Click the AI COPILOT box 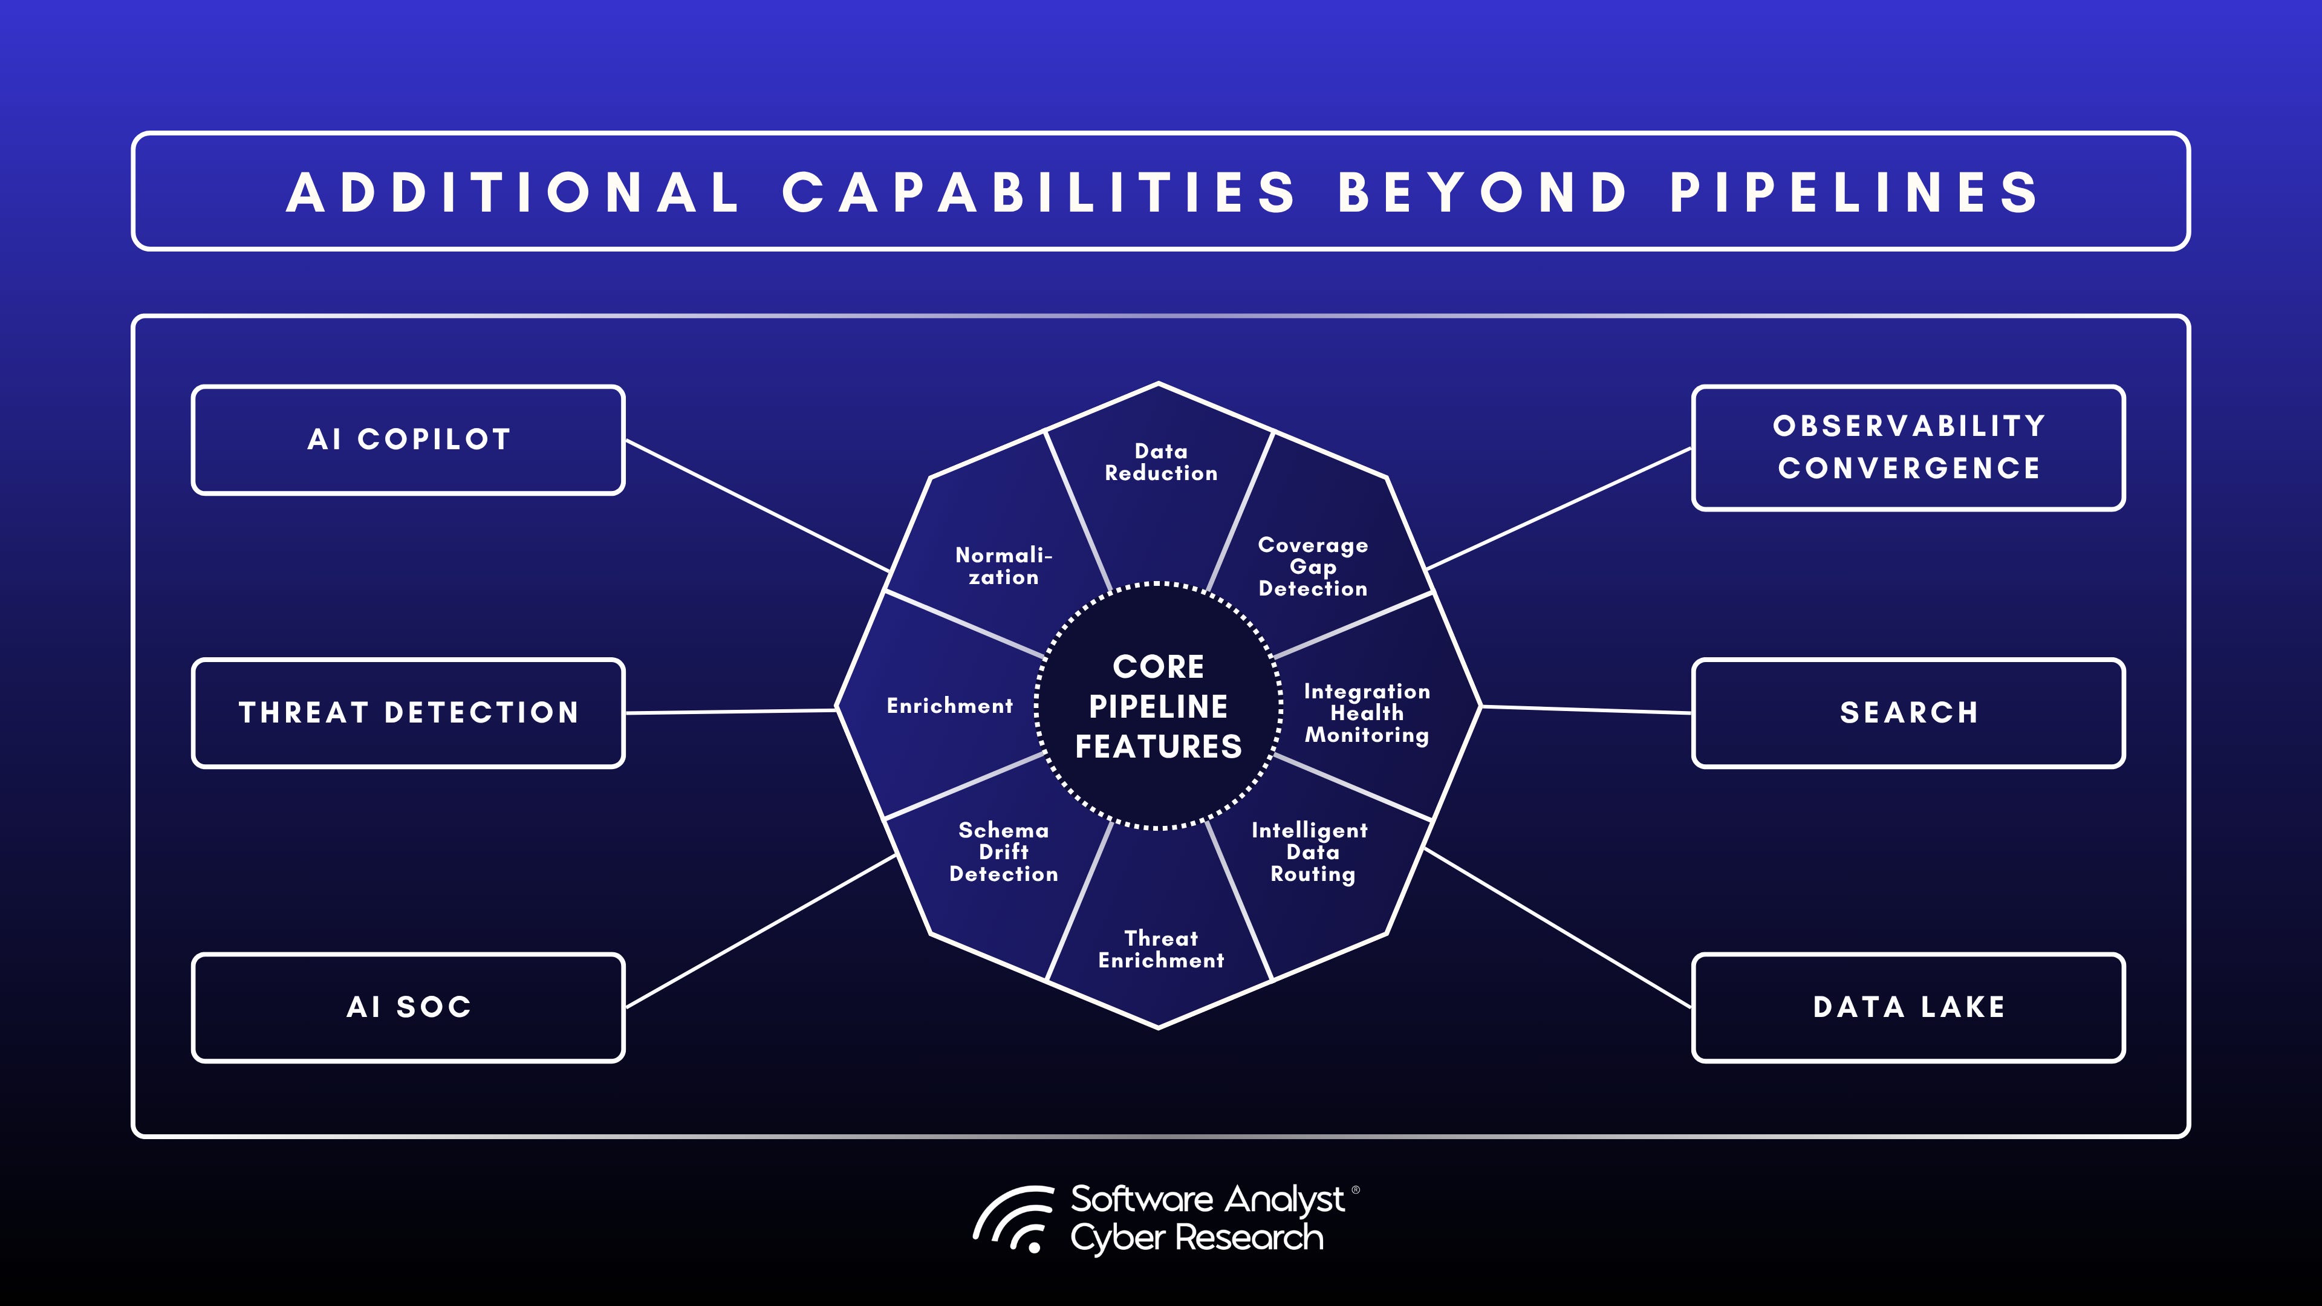[408, 440]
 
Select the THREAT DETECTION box [408, 713]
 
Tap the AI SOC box [408, 1007]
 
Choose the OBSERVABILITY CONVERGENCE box [1908, 448]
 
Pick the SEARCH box [1908, 713]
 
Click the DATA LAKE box [1908, 1007]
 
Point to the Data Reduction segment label [1161, 463]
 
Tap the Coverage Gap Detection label [1312, 567]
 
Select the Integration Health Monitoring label [1367, 713]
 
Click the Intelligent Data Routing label [1310, 852]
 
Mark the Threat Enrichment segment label [1161, 949]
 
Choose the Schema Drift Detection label [1003, 852]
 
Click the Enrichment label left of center [950, 706]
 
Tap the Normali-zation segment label [1003, 566]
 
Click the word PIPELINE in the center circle [1159, 707]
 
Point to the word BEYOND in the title [1483, 192]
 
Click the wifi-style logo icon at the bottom [1014, 1220]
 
